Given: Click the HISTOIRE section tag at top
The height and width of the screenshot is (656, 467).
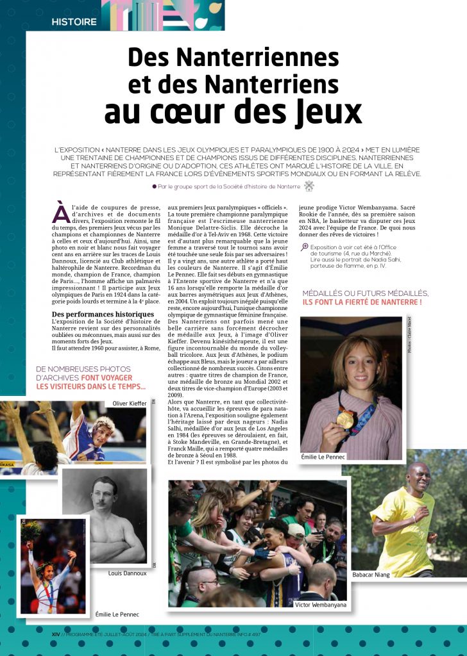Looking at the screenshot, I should [x=74, y=22].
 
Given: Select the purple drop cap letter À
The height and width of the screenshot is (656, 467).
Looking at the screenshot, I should [x=60, y=213].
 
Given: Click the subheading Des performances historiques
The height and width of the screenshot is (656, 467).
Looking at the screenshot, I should [x=103, y=315].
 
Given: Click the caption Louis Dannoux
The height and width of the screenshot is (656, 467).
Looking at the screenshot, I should [x=127, y=573].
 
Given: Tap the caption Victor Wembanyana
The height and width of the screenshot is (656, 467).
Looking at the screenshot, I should [x=321, y=604].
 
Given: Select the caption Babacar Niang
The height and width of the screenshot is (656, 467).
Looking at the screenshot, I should [x=371, y=575].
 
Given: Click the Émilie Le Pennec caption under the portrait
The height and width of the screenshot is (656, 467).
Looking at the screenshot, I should [x=323, y=457].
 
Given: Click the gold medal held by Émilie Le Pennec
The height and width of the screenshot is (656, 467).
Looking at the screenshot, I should [x=345, y=419].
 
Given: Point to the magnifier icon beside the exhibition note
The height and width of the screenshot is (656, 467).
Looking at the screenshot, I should [x=304, y=247].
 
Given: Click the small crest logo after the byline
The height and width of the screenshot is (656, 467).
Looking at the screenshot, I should [x=309, y=186].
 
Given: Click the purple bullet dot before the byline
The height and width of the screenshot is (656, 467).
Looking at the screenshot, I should [x=154, y=186].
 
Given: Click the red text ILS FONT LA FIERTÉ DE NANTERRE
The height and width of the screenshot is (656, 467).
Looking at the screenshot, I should [x=362, y=301].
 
